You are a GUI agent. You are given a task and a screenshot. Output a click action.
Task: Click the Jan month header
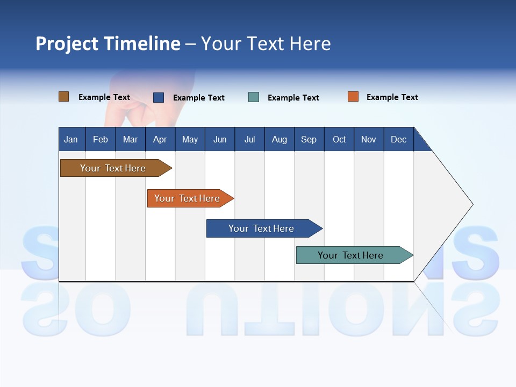71,139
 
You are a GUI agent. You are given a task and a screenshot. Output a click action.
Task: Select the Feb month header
101,139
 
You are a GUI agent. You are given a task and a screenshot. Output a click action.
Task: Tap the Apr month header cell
160,139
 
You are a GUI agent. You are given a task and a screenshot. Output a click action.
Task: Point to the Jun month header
220,139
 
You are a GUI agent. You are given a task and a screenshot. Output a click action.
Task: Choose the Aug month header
279,139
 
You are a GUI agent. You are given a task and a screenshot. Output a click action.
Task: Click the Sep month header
309,139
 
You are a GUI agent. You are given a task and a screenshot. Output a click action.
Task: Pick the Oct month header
339,139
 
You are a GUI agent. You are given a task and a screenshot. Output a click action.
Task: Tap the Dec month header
398,139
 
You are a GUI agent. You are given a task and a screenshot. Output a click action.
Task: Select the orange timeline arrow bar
188,198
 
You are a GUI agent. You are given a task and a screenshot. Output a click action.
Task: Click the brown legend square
64,97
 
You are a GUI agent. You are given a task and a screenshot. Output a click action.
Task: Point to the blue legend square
159,97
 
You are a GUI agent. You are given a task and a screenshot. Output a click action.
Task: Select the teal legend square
254,97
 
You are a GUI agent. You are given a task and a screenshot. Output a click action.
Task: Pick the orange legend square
353,97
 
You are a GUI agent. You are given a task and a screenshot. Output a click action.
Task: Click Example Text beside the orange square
392,97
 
